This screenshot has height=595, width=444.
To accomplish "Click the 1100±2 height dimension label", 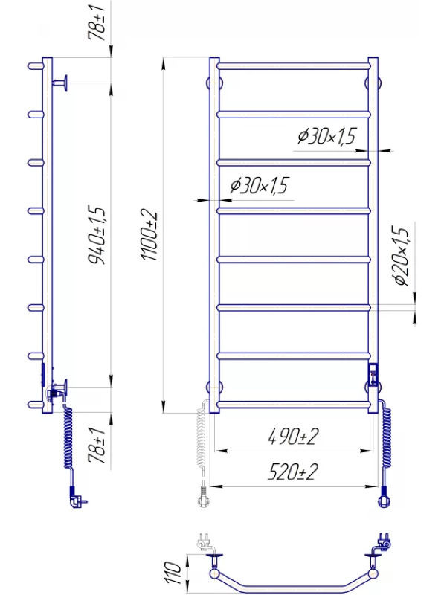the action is pyautogui.click(x=149, y=235).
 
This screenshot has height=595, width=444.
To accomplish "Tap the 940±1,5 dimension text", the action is pyautogui.click(x=97, y=235).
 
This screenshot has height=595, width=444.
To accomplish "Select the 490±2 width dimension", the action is pyautogui.click(x=293, y=437).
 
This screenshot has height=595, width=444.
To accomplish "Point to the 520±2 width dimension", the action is pyautogui.click(x=293, y=472).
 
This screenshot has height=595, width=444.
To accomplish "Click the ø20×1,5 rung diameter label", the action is pyautogui.click(x=402, y=256).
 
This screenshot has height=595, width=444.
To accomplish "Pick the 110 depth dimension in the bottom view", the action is pyautogui.click(x=173, y=573).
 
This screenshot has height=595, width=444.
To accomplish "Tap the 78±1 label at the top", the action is pyautogui.click(x=97, y=23).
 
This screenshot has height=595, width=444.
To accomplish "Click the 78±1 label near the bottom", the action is pyautogui.click(x=97, y=445).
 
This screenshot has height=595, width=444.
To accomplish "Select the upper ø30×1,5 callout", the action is pyautogui.click(x=327, y=136).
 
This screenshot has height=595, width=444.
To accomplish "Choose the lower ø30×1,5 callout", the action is pyautogui.click(x=260, y=185).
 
